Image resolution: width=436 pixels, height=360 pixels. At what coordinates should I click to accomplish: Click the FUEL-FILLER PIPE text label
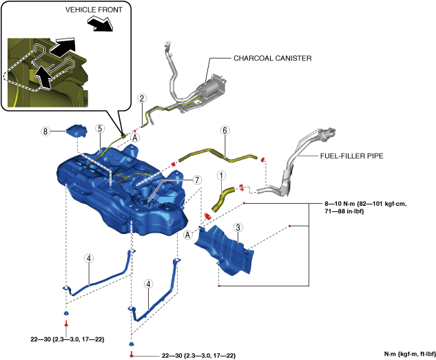(x=351, y=156)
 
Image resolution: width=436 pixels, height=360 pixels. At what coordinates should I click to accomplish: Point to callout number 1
(x=221, y=176)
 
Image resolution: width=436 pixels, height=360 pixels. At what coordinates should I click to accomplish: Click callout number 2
(x=141, y=98)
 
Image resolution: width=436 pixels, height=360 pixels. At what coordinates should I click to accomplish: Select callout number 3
(x=237, y=227)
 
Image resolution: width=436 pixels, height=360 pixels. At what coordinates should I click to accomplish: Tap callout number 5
(x=100, y=128)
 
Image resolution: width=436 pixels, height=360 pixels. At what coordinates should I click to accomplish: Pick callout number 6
(x=224, y=130)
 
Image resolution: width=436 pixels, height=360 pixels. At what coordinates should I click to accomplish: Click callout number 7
(x=197, y=179)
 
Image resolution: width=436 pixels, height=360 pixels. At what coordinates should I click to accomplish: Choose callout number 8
(x=45, y=130)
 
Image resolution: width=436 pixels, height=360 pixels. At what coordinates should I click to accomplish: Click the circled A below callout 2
(x=135, y=138)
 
